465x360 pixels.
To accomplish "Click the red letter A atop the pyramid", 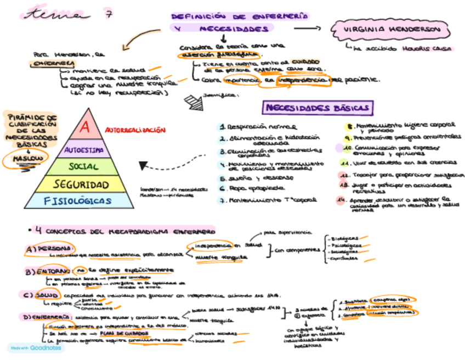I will coord(84,127).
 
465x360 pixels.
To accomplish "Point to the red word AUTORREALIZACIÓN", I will coord(135,130).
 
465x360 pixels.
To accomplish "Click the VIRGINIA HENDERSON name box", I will coord(393,29).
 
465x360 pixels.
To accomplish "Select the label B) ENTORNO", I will coord(48,272).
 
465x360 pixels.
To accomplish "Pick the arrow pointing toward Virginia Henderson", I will coord(309,28).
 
